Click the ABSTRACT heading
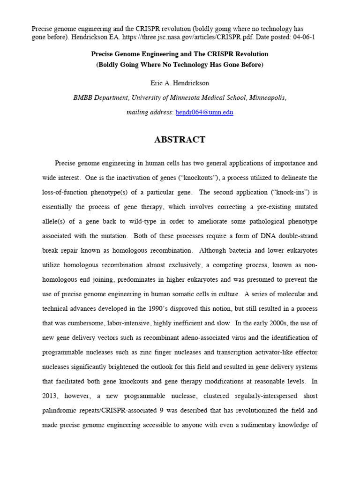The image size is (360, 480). pyautogui.click(x=180, y=140)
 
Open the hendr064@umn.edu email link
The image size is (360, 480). pyautogui.click(x=204, y=112)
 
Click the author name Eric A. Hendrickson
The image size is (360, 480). pyautogui.click(x=180, y=83)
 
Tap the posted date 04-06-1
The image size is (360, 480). pyautogui.click(x=300, y=37)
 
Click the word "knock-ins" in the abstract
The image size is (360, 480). pyautogui.click(x=282, y=193)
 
